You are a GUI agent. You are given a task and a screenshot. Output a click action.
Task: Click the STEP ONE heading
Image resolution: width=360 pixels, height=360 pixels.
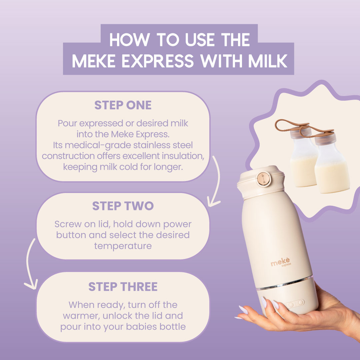(123, 105)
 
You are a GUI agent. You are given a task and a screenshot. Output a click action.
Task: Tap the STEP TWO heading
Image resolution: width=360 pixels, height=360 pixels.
(123, 206)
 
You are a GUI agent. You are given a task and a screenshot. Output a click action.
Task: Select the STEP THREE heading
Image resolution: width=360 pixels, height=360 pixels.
(123, 287)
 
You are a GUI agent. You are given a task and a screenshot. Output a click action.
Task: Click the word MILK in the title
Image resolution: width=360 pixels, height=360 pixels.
(268, 61)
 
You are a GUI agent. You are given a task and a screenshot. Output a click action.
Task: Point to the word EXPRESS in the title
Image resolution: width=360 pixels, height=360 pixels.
(157, 61)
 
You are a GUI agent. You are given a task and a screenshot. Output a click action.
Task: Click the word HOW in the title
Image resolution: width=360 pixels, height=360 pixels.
(130, 40)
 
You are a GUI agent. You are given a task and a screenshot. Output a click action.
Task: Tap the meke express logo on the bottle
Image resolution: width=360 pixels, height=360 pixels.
(281, 262)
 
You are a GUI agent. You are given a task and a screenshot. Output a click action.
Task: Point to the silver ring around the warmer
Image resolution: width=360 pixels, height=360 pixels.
(285, 284)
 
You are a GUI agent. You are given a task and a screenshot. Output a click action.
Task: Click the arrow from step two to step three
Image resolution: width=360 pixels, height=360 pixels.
(29, 264)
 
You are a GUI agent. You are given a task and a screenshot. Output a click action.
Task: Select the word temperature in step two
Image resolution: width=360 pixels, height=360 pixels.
(123, 246)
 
